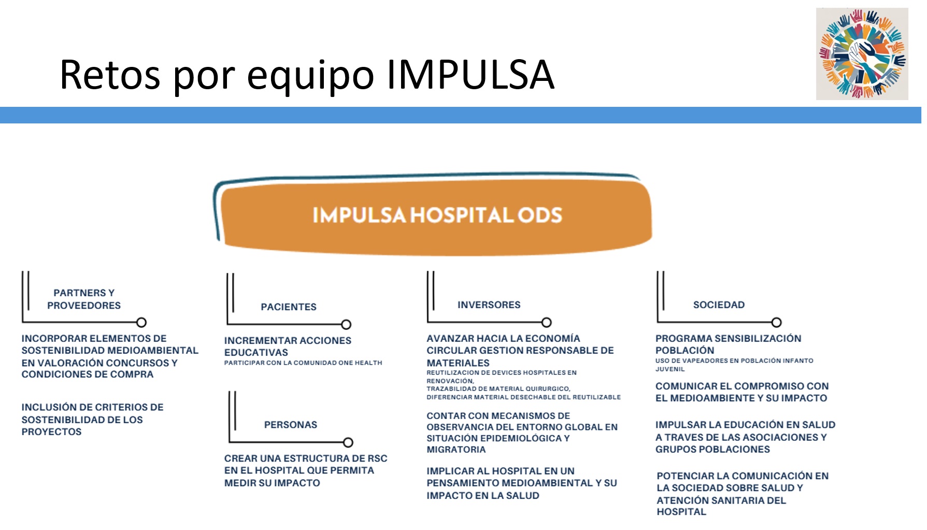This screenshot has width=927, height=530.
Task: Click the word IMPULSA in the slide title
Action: coord(470,75)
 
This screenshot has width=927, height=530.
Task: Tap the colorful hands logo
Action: coord(862,53)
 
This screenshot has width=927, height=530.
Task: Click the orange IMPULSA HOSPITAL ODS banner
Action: coord(436,215)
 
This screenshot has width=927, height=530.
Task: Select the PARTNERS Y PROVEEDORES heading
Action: coord(84,299)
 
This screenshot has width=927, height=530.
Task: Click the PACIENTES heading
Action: coord(289,307)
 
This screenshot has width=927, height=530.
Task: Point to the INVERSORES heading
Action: coord(489,305)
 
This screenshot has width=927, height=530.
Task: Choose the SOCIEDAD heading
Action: coord(719,305)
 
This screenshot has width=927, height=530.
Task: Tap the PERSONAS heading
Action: coord(291,425)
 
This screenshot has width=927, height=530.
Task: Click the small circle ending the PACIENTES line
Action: coord(347,325)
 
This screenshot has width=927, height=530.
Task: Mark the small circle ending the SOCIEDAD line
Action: coord(776,323)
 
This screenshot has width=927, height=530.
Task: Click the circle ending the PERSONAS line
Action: coord(348,442)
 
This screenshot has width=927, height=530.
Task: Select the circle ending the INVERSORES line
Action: coord(546,323)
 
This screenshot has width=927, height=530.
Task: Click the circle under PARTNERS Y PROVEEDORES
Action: coord(141,323)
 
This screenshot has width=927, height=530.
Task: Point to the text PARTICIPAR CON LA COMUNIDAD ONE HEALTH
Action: coord(303,363)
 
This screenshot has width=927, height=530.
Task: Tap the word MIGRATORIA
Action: coord(456,450)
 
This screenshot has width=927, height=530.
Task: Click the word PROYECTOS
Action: coord(51,431)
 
